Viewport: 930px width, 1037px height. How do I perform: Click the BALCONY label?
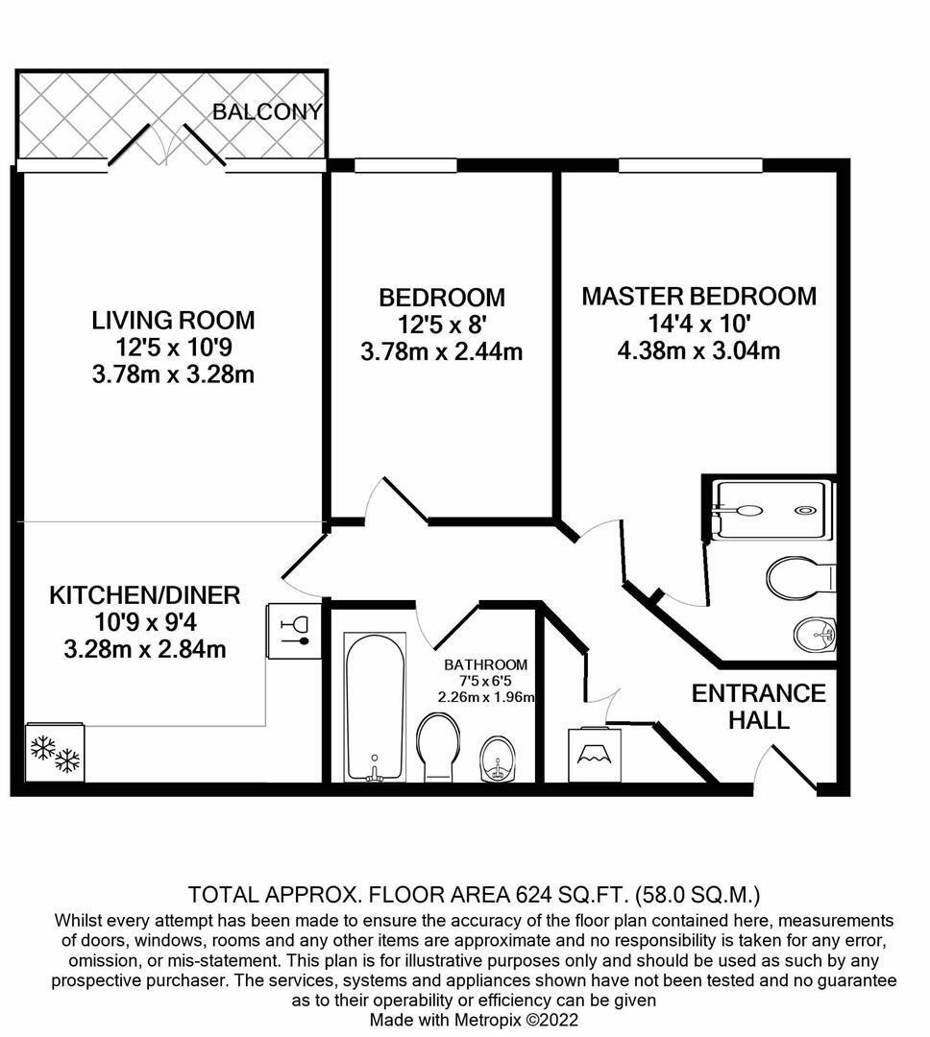pos(267,111)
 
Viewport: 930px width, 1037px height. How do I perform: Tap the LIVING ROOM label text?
pos(173,320)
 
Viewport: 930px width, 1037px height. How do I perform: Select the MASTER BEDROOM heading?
pos(698,296)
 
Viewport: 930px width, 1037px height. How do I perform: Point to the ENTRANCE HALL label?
pos(758,706)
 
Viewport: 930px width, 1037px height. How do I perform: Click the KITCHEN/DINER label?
pos(144,595)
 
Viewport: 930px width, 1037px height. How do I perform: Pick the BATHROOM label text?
pos(485,664)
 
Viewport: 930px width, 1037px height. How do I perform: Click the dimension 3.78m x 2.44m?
pos(441,352)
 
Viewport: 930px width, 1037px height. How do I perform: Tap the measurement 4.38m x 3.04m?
pos(698,350)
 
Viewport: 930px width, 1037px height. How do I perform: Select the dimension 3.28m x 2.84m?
pos(144,649)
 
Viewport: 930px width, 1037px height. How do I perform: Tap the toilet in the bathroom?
pos(440,745)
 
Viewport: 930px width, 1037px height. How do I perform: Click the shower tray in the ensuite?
pos(769,509)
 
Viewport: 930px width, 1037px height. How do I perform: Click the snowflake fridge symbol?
pos(55,753)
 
